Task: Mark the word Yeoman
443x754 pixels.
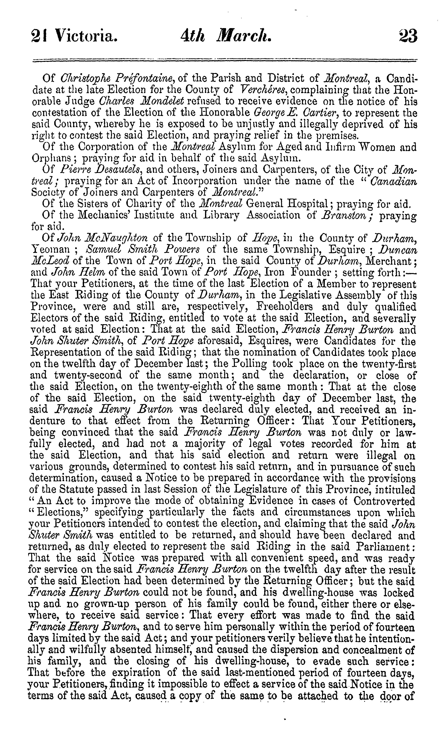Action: pyautogui.click(x=51, y=249)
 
